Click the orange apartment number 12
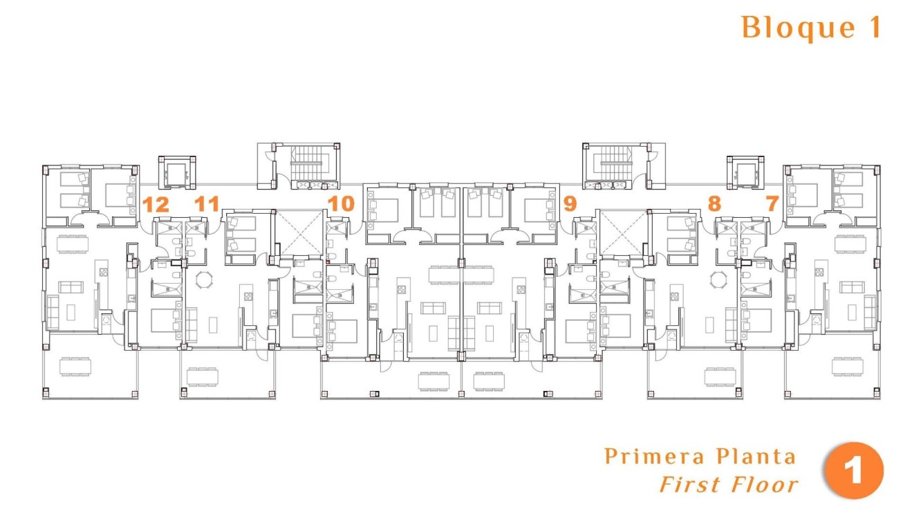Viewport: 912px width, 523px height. (156, 204)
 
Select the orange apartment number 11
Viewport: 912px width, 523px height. (207, 204)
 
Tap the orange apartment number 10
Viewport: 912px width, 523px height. (341, 203)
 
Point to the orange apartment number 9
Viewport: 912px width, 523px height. (570, 203)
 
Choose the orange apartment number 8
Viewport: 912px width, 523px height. (714, 203)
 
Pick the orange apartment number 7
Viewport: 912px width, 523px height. (772, 203)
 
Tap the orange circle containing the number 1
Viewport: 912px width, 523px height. (854, 471)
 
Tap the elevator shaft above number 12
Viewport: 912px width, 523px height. (178, 172)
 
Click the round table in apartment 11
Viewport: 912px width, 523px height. (204, 280)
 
